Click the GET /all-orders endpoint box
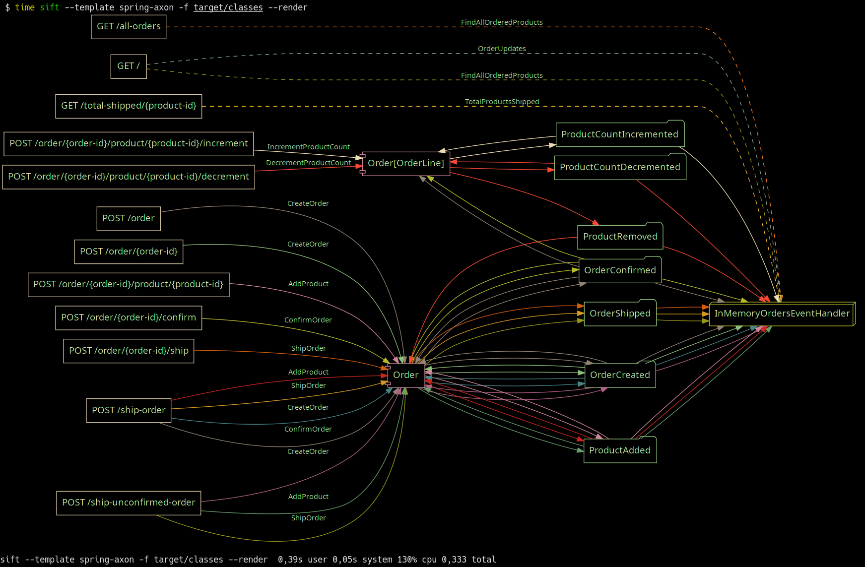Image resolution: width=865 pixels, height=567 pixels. point(129,27)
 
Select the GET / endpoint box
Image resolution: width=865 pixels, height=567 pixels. point(129,66)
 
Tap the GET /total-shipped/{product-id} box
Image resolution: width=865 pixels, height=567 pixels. point(129,106)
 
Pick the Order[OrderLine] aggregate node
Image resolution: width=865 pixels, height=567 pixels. point(406,164)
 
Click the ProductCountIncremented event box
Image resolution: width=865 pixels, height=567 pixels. point(620,134)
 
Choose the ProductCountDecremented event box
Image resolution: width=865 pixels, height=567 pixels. point(620,167)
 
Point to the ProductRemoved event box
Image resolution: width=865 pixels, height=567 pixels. point(620,237)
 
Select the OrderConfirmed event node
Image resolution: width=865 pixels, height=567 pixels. point(620,270)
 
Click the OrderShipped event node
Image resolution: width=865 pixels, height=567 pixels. point(620,314)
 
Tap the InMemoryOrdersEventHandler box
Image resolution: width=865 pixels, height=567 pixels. point(782,314)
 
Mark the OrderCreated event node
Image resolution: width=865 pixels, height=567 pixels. point(620,375)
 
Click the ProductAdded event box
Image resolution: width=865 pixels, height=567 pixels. point(620,450)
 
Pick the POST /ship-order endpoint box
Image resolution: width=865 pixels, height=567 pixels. point(129,411)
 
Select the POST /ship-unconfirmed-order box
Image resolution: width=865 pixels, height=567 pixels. point(129,503)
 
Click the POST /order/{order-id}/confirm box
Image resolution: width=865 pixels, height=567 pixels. point(129,318)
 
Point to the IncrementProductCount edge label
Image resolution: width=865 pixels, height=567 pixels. point(308,147)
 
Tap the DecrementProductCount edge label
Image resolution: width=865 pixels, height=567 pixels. point(308,163)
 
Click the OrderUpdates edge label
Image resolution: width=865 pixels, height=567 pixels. point(502,49)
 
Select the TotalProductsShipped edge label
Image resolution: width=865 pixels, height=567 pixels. point(502,102)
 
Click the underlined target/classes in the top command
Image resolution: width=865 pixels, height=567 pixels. point(228,7)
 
